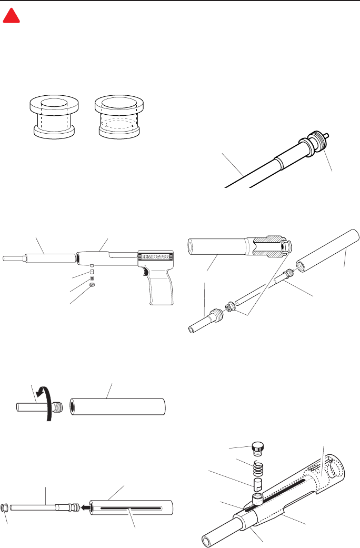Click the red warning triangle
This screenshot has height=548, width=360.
pos(11,16)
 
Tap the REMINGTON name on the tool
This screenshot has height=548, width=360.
pos(155,257)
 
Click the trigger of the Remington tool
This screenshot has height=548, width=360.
pos(144,270)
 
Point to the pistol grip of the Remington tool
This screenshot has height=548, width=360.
pos(161,286)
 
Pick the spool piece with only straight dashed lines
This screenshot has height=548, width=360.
pos(54,116)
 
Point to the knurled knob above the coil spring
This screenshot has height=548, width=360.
pos(257,449)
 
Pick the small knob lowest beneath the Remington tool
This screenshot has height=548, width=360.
pos(93,285)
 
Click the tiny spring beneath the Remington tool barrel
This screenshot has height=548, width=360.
pos(92,278)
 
